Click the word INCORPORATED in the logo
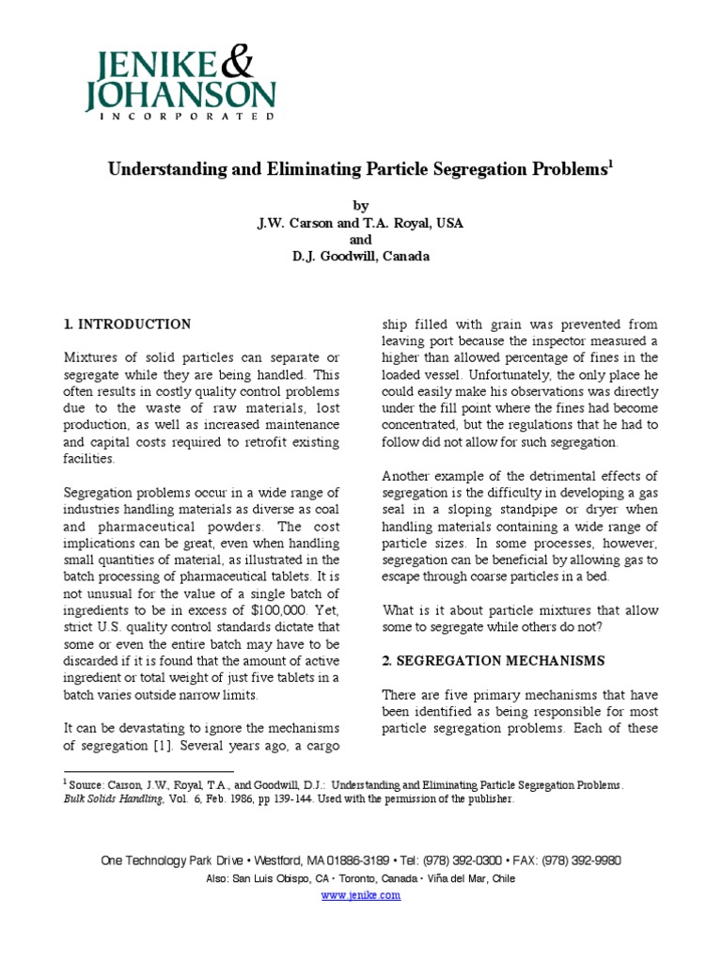[x=180, y=117]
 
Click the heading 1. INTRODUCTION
[x=127, y=324]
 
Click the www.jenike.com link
[x=361, y=894]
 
